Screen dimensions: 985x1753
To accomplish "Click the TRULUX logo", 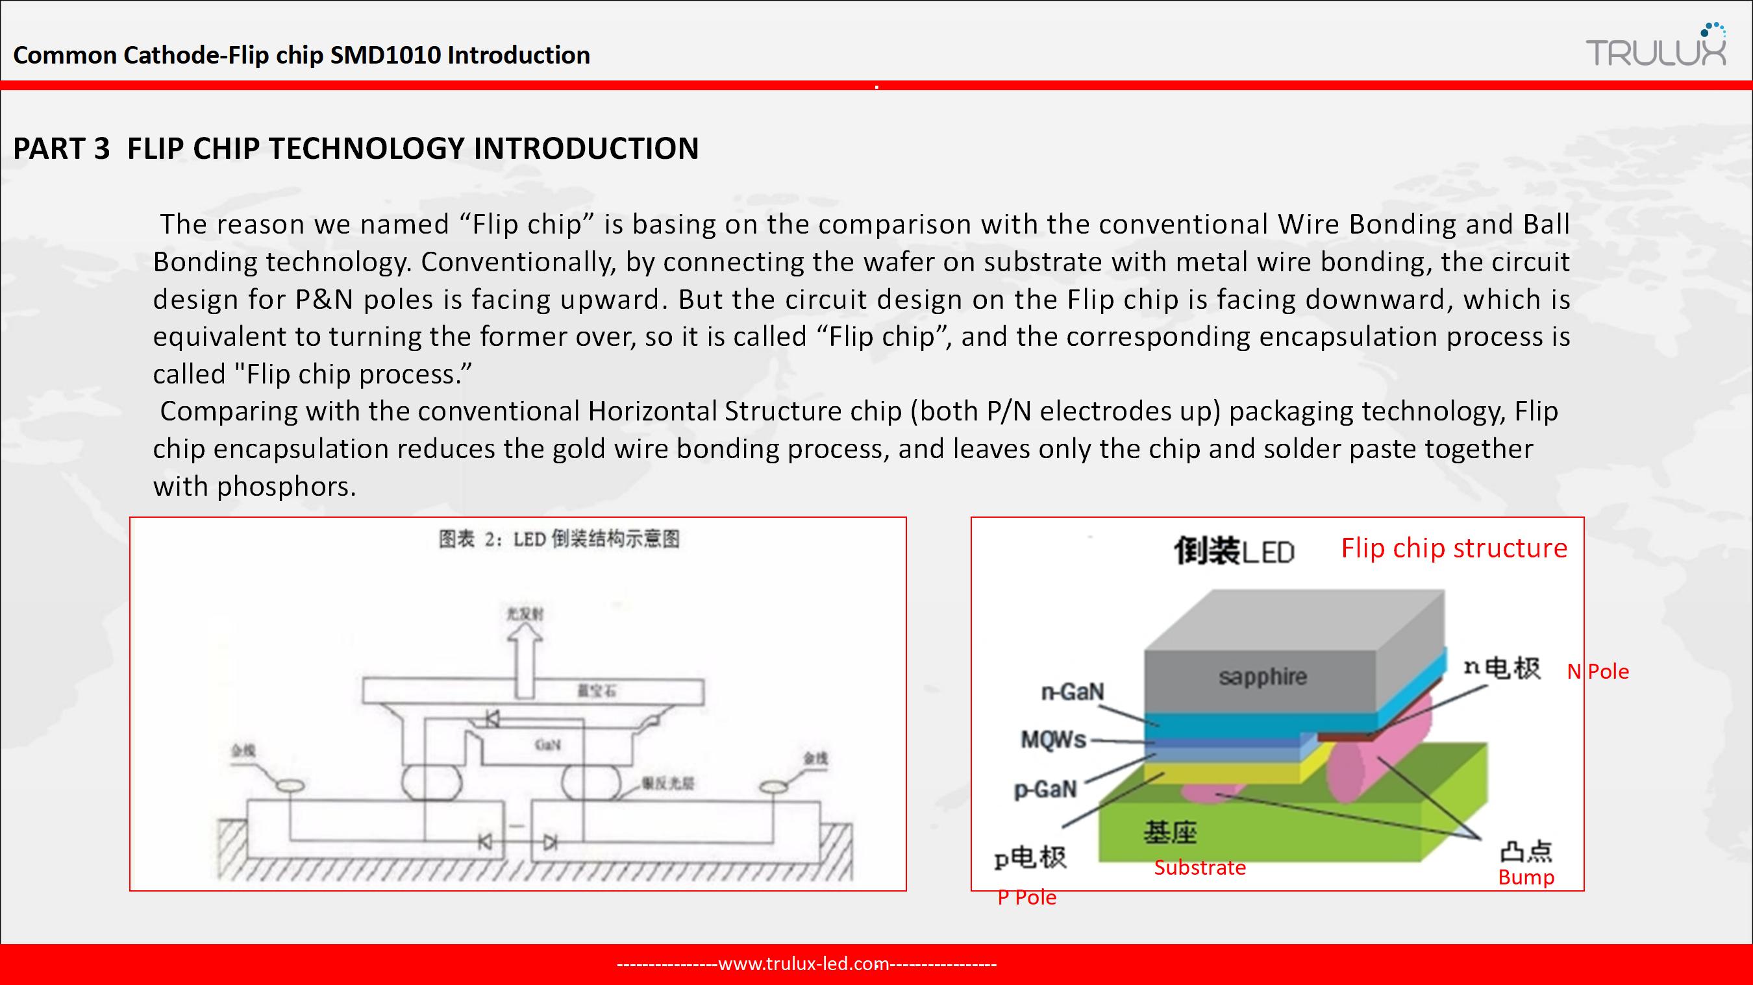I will coord(1656,47).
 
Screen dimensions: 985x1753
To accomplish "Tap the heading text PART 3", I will coord(61,149).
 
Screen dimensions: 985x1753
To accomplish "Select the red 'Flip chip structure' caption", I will coord(1454,548).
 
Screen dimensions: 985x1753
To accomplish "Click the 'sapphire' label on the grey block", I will coord(1262,677).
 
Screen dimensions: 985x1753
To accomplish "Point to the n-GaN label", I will coord(1073,692).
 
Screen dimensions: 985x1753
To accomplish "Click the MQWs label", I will coord(1052,740).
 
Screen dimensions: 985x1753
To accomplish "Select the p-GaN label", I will coord(1045,789).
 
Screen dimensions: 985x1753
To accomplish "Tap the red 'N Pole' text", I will coord(1597,672).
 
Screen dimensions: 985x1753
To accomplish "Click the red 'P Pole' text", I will coord(1027,897).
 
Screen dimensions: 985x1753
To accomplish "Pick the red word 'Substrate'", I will coord(1200,868).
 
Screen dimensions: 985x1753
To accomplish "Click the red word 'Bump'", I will coord(1526,877).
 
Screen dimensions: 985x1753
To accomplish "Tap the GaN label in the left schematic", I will coord(547,744).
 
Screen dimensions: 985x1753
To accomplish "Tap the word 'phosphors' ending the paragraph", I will coord(285,487).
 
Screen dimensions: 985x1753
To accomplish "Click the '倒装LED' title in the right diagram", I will coord(1234,551).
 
